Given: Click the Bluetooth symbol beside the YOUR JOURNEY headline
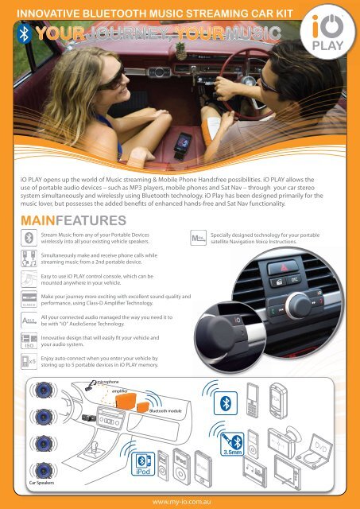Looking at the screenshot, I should point(25,35).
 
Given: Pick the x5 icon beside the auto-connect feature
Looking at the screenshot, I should point(28,363).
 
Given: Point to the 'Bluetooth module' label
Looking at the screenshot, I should point(169,411).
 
